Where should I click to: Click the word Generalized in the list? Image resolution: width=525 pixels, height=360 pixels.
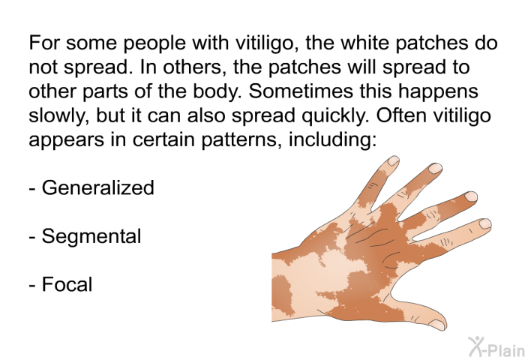pos(97,187)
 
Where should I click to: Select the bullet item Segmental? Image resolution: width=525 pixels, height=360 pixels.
pos(91,236)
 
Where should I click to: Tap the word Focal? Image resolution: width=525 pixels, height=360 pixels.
pos(67,284)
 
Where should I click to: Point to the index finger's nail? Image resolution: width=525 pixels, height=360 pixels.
pos(484,223)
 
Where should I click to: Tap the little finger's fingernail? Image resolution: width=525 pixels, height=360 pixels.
pos(393,160)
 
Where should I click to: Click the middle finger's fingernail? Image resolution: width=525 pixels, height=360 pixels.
pos(471,196)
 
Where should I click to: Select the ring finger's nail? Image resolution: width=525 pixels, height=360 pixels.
pos(435,168)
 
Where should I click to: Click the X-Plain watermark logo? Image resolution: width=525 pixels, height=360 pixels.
pos(496,346)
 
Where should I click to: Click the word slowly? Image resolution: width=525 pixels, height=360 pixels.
pos(58,115)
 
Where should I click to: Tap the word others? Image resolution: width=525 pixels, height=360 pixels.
pos(193,67)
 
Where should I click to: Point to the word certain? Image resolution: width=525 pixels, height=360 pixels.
pos(163,139)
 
